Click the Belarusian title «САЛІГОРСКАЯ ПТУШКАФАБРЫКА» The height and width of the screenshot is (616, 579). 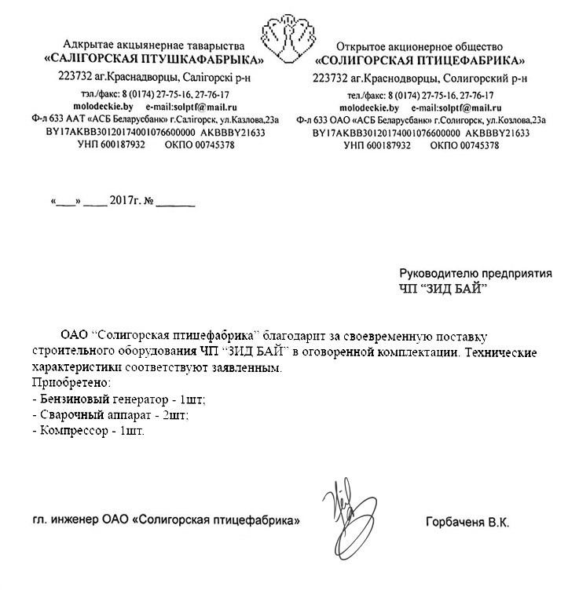(154, 60)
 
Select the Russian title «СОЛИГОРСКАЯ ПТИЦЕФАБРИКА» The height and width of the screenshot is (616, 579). (420, 60)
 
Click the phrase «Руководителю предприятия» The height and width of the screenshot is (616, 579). (475, 273)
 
